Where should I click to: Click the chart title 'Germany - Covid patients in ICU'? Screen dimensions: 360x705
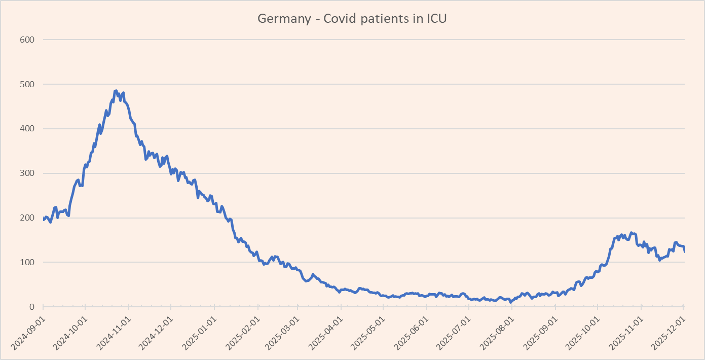pyautogui.click(x=352, y=19)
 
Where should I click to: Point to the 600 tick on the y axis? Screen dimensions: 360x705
pyautogui.click(x=27, y=40)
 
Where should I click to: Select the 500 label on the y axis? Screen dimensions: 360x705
pyautogui.click(x=27, y=84)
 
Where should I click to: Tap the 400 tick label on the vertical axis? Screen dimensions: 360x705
pyautogui.click(x=27, y=129)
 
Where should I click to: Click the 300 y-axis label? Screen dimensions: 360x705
pyautogui.click(x=27, y=173)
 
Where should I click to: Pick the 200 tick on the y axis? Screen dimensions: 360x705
pyautogui.click(x=27, y=218)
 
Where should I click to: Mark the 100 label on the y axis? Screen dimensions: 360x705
pyautogui.click(x=27, y=263)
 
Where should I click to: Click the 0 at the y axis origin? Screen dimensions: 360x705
pyautogui.click(x=31, y=307)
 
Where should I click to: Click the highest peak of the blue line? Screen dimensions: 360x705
pyautogui.click(x=116, y=91)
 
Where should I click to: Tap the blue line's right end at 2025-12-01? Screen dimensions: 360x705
pyautogui.click(x=685, y=251)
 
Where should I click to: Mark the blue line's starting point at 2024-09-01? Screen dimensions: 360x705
pyautogui.click(x=44, y=220)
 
